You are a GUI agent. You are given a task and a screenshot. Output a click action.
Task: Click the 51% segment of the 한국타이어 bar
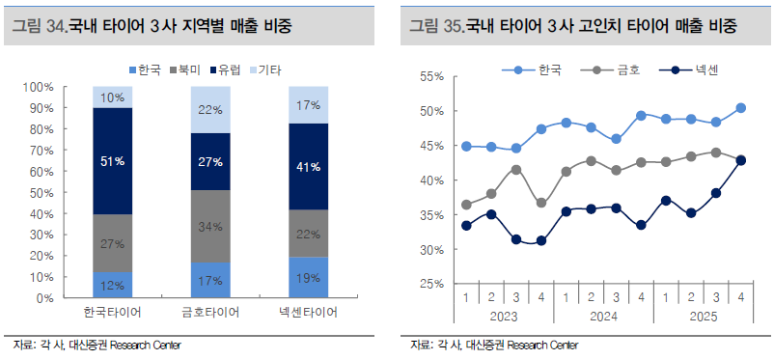[x=112, y=161]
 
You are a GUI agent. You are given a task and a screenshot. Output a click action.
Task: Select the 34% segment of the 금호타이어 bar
[x=210, y=226]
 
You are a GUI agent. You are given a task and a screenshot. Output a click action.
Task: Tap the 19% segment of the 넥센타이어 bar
[x=309, y=277]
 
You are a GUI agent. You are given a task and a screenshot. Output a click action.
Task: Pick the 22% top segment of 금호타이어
[x=210, y=110]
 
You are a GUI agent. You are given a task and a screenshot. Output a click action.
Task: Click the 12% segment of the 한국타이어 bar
[x=112, y=285]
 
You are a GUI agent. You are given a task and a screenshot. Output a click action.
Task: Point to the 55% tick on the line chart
[x=431, y=76]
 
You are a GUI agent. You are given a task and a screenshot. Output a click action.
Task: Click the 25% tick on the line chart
[x=431, y=285]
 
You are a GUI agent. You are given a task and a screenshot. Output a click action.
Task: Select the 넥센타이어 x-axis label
[x=309, y=315]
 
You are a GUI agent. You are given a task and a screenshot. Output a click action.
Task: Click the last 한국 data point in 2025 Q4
[x=740, y=108]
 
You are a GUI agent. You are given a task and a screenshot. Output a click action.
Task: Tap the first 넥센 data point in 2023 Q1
[x=467, y=226]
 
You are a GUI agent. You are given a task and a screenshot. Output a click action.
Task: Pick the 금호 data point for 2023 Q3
[x=517, y=170]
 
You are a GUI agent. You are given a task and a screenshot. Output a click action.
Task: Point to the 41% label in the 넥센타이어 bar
[x=309, y=167]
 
